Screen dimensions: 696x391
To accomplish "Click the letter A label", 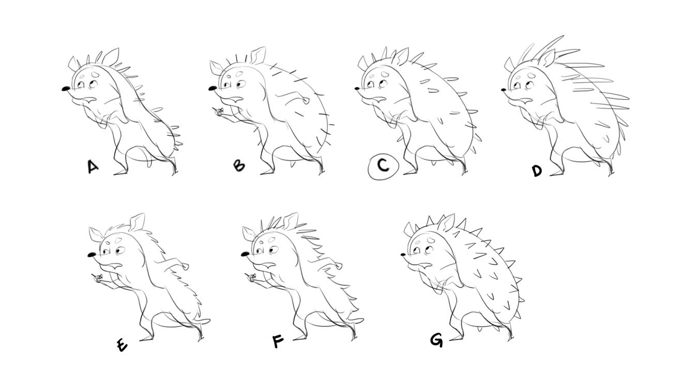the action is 93,167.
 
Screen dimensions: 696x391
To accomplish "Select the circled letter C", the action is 383,167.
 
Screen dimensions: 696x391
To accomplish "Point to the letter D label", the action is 537,170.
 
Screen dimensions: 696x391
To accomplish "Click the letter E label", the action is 122,346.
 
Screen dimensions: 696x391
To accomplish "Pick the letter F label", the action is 278,341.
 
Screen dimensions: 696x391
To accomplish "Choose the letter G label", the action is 436,340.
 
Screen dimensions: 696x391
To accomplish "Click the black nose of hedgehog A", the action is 66,89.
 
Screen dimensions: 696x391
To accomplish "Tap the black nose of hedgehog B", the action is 213,88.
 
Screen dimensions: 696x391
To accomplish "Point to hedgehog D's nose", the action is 504,90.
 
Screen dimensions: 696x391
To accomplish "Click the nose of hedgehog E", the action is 92,255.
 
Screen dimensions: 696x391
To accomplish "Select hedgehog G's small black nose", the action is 403,255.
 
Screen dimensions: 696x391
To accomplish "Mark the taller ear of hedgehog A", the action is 110,56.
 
